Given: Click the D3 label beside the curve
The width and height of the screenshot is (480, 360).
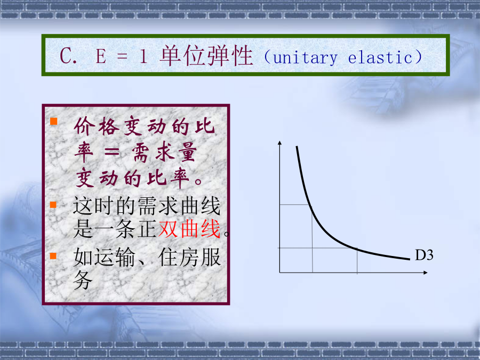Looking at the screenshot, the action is [424, 255].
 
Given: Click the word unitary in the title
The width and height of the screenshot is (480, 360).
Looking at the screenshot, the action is [305, 58].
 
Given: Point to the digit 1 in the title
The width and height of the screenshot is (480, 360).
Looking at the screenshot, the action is [143, 57].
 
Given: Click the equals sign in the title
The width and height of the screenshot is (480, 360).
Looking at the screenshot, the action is [122, 57].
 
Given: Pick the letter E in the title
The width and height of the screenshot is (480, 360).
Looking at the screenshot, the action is [101, 57].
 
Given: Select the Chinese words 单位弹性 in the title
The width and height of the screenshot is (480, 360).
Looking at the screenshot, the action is [206, 55].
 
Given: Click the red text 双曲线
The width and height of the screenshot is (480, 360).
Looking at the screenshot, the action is [189, 229].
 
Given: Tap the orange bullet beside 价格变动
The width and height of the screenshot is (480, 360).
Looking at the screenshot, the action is [53, 121].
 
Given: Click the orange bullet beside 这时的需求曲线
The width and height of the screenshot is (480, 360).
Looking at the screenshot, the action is [53, 204].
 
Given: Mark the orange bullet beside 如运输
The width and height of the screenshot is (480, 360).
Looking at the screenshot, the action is [53, 255].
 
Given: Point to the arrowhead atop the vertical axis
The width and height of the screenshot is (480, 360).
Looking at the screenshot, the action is [279, 142].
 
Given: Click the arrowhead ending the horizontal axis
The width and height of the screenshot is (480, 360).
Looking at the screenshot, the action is [425, 273].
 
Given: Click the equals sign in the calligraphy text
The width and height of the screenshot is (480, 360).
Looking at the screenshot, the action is [112, 152].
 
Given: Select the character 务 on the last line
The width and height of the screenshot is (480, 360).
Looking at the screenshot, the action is [83, 280].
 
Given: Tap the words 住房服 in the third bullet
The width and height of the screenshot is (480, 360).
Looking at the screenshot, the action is [189, 257].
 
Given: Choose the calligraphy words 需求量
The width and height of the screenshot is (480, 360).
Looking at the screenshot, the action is [164, 153].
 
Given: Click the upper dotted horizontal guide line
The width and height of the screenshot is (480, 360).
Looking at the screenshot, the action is [295, 204].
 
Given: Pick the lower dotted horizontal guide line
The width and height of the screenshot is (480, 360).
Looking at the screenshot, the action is [318, 248].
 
